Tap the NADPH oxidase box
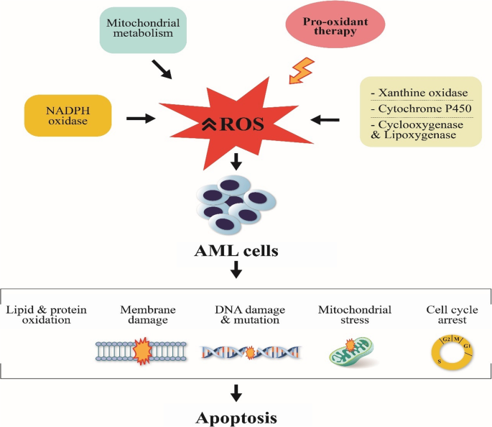point(68,115)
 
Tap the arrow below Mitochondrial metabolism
point(163,69)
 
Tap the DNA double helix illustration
point(249,352)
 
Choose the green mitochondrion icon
point(351,352)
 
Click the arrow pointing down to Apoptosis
point(236,392)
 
